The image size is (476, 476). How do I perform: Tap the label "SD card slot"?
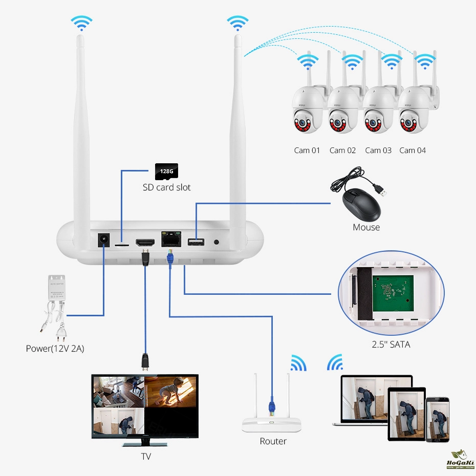[x=166, y=187]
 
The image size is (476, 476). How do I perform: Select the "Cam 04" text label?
[x=413, y=150]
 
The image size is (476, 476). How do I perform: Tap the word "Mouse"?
[x=366, y=227]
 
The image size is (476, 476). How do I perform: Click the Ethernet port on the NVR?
[x=170, y=239]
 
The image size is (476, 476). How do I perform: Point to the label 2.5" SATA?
[x=391, y=344]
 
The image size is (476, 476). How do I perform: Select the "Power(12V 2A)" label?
[x=55, y=349]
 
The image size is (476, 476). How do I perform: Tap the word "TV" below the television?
[x=146, y=456]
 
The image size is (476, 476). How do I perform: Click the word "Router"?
[x=273, y=441]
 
